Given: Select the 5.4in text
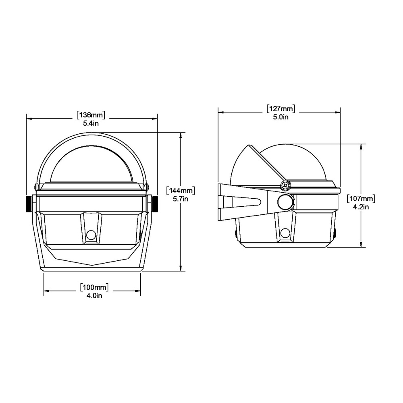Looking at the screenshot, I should pos(91,123).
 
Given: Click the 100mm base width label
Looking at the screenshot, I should pos(95,288).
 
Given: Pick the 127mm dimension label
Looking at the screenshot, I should pos(280,109).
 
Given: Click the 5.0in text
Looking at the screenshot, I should pos(280,117).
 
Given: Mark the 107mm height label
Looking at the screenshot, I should pos(361,198).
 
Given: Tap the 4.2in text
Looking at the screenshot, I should pos(361,206).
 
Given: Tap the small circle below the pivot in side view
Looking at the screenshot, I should pos(286,232).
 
